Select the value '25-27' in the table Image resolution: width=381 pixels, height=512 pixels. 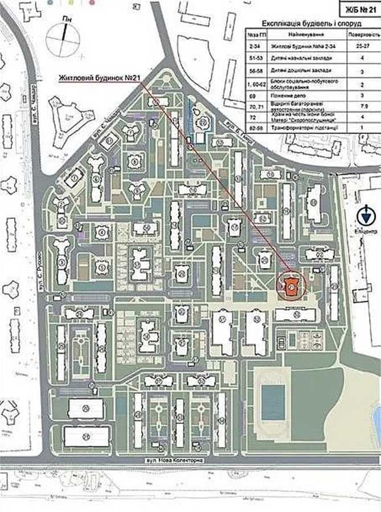click(x=363, y=45)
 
